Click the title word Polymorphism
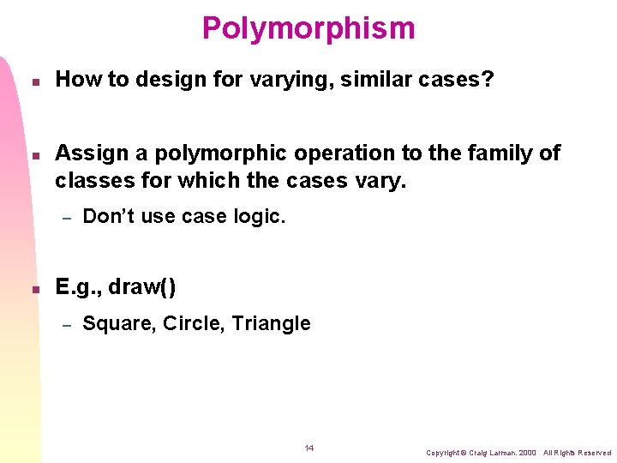(308, 28)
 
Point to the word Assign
(90, 153)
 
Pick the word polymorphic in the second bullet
(218, 153)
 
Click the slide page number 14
(309, 448)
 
